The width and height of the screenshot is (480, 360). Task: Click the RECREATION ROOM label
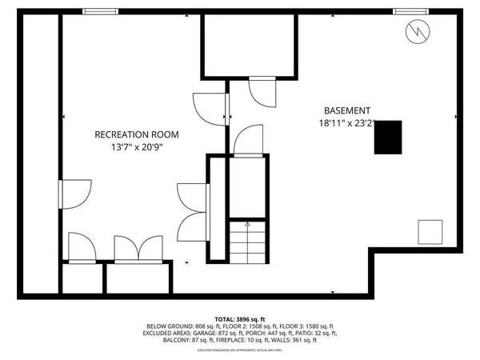(137, 134)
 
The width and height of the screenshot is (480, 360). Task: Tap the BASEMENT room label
(346, 110)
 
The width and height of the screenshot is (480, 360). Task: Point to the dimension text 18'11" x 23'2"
(346, 124)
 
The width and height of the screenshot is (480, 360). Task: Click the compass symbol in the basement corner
(416, 31)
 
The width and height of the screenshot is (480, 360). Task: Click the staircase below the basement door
(247, 239)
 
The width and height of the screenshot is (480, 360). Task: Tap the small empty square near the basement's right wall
(432, 232)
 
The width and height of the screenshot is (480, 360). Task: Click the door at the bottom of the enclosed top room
(262, 90)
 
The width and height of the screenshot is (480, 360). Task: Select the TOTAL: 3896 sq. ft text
(240, 319)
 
